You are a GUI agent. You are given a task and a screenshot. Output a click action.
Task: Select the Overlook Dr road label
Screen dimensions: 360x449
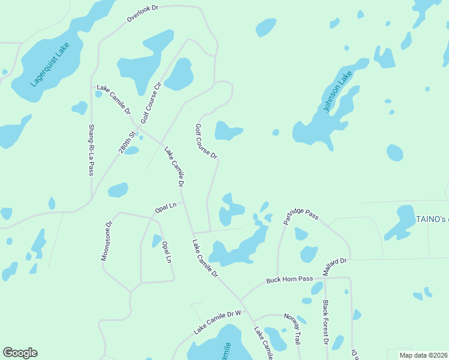(x=142, y=14)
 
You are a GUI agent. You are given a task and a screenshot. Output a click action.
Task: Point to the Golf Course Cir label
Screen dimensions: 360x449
(x=152, y=102)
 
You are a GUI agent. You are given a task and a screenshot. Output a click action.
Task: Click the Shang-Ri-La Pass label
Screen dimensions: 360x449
(x=91, y=149)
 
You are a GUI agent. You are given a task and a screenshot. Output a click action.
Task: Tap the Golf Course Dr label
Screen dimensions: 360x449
(x=206, y=142)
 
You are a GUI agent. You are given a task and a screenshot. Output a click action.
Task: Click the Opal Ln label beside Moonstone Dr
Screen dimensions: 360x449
(x=166, y=207)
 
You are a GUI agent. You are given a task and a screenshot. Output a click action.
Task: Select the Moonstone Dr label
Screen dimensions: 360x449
(x=106, y=241)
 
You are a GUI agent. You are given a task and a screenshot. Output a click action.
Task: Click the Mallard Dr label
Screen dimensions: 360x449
(x=335, y=266)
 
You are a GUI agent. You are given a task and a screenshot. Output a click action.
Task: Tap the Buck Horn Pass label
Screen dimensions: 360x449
(x=290, y=280)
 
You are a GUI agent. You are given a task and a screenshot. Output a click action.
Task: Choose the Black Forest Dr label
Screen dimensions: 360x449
(x=326, y=322)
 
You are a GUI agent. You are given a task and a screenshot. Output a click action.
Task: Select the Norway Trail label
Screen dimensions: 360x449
(x=292, y=329)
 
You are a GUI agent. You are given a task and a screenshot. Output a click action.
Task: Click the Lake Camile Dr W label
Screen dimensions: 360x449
(x=217, y=322)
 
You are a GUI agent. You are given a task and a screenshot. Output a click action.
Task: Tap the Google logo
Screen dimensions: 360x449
(x=20, y=353)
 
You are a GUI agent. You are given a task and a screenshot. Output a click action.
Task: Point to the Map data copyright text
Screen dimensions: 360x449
(x=424, y=355)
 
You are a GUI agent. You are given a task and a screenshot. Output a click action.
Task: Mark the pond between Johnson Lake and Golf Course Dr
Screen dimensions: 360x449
(x=276, y=132)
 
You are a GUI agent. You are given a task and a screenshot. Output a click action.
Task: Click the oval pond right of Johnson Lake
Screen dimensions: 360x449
(x=394, y=152)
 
